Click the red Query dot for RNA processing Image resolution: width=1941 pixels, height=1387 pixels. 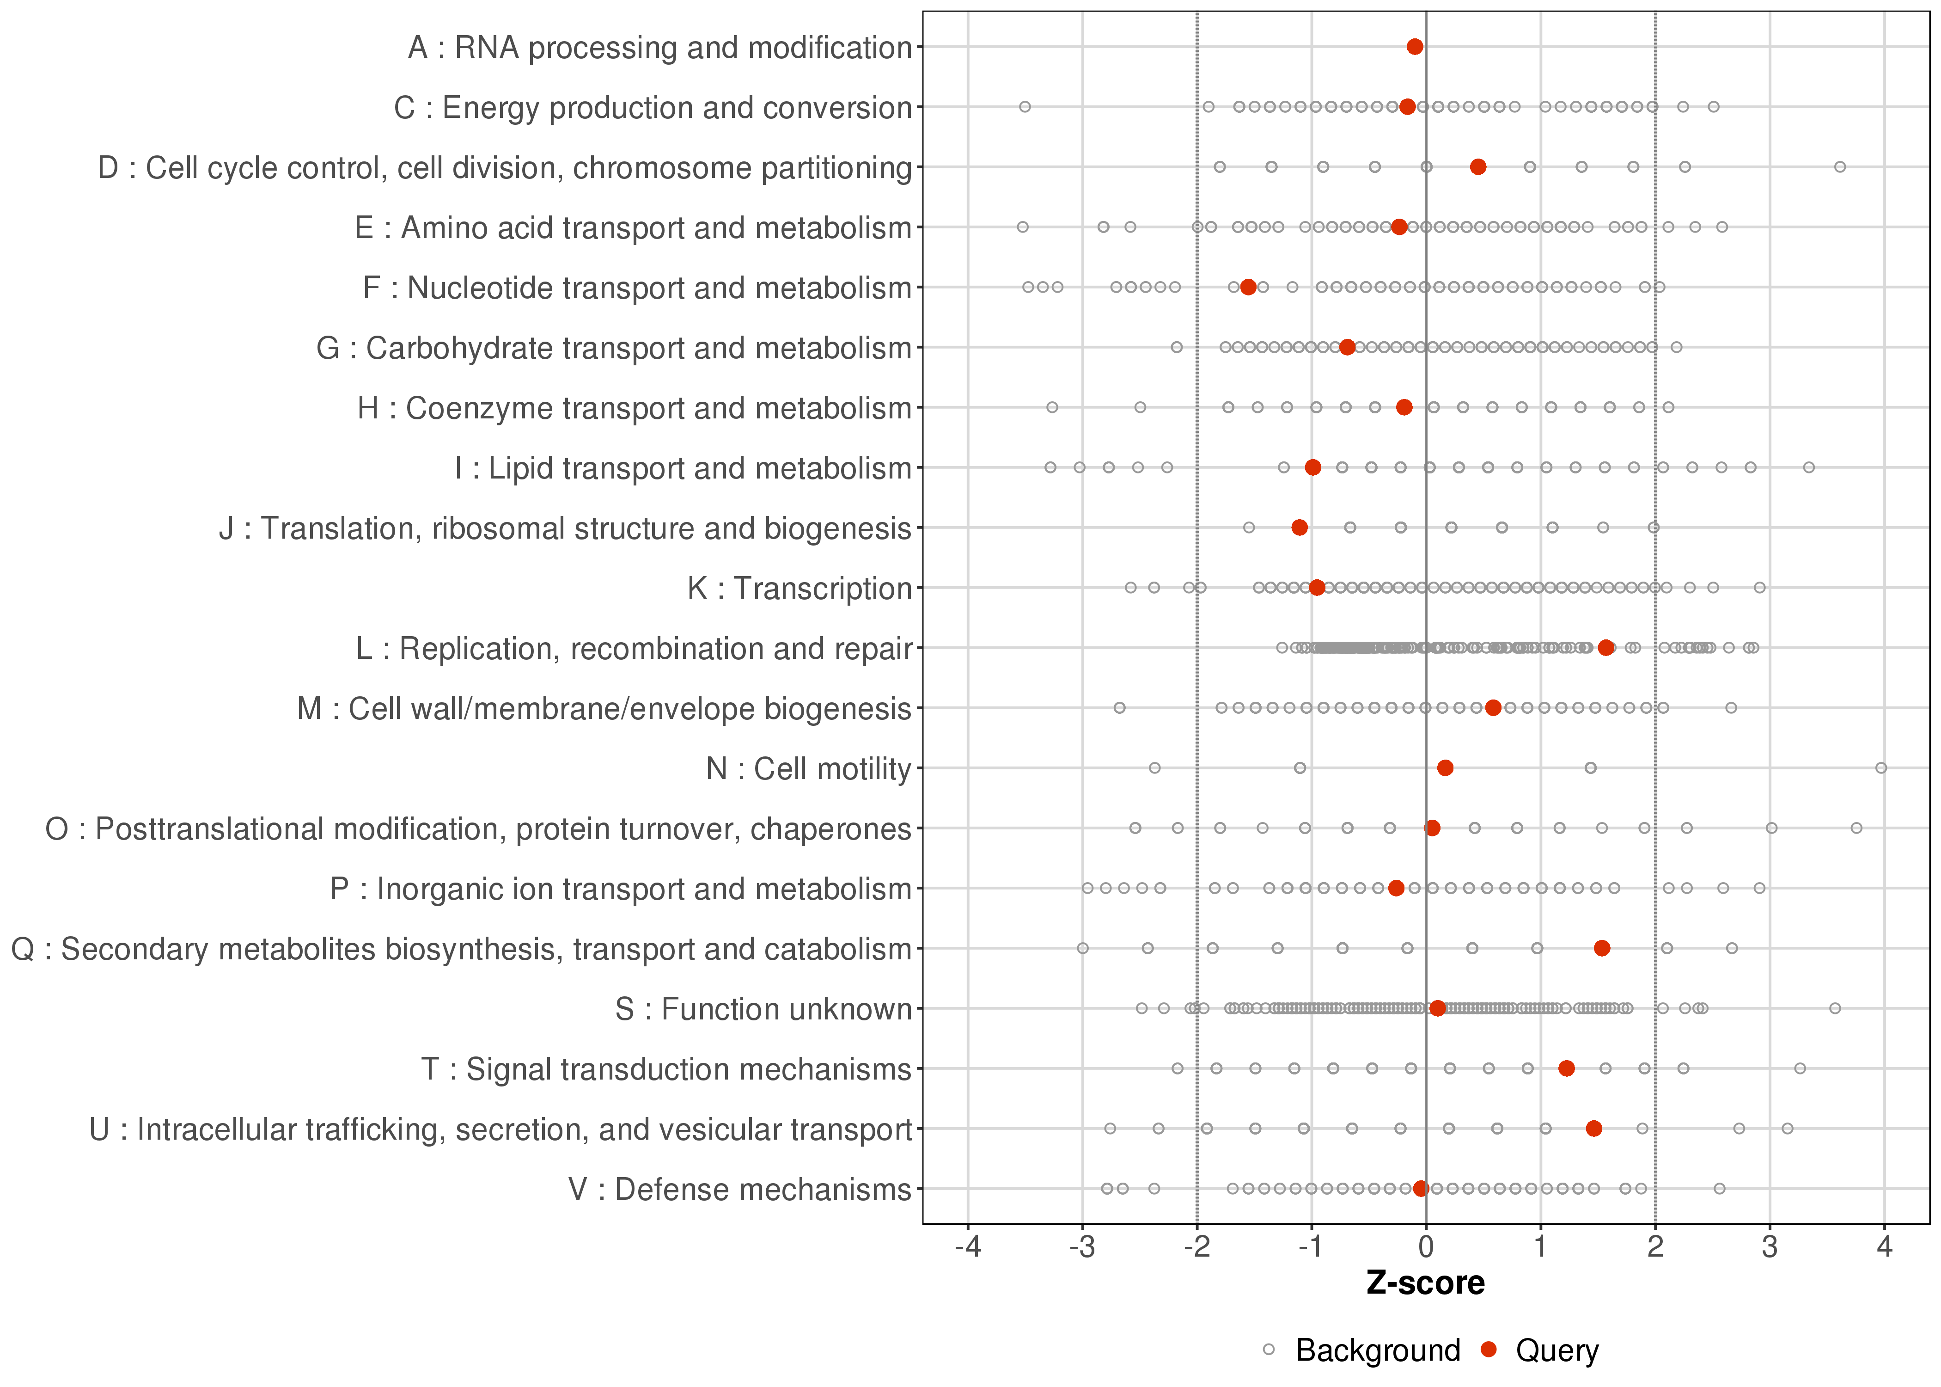click(1414, 46)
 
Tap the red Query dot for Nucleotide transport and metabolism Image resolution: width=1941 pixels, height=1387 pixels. click(1248, 287)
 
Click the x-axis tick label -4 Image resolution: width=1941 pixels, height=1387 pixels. click(968, 1248)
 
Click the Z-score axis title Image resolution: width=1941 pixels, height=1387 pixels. click(1425, 1283)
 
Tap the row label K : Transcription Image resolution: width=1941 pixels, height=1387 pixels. click(800, 589)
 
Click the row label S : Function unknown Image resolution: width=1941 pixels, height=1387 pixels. click(763, 1009)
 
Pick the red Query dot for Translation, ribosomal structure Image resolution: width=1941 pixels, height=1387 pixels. click(1299, 528)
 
